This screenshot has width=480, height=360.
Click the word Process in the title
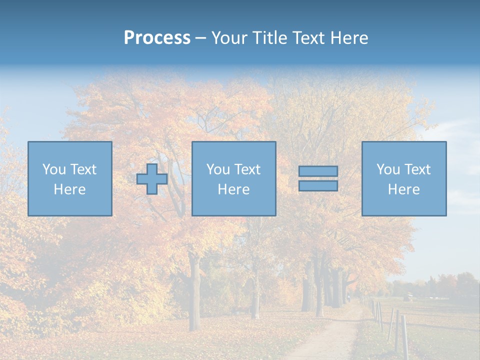157,38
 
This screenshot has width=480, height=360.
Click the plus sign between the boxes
152,179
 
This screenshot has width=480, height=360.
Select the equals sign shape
318,178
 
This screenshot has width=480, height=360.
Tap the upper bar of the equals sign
318,171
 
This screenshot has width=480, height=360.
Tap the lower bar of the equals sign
318,186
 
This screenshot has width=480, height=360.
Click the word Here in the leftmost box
69,189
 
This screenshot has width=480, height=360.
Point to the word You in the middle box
218,169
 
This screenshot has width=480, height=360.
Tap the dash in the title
200,38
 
